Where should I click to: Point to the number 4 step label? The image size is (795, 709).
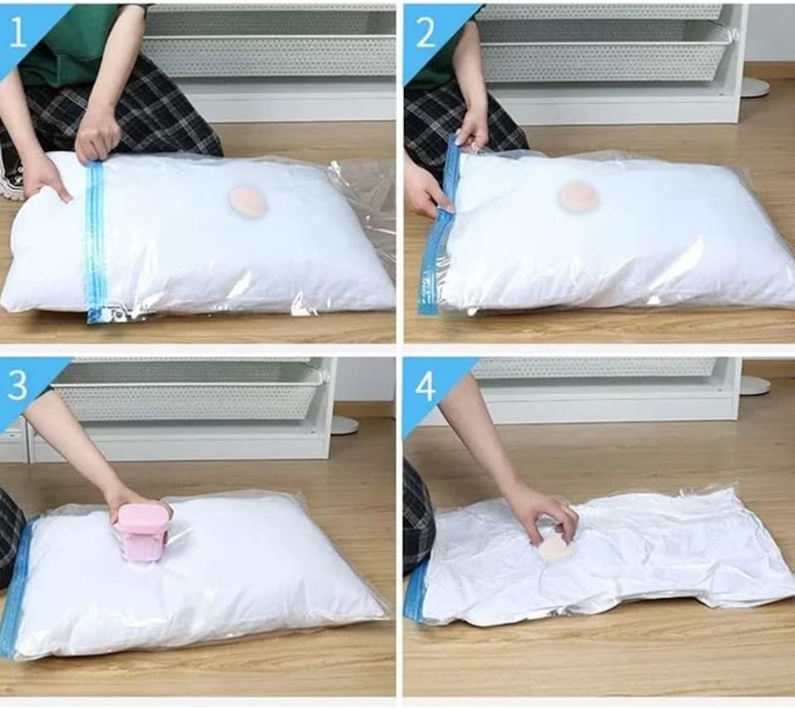[x=425, y=386]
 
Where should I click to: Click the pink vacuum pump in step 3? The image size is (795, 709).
[x=142, y=531]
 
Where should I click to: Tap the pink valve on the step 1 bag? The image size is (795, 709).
[x=248, y=201]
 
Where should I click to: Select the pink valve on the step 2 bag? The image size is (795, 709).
[x=579, y=197]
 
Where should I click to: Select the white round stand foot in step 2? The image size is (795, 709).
[x=754, y=87]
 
